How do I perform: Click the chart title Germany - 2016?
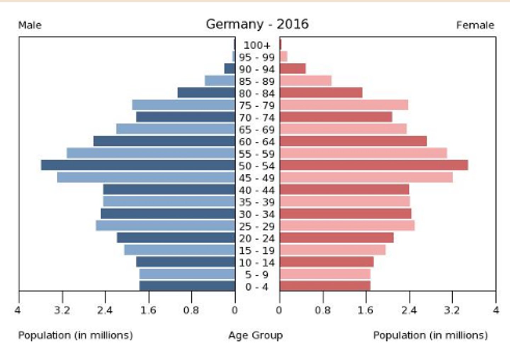pyautogui.click(x=257, y=24)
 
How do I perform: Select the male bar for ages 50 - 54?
pyautogui.click(x=138, y=165)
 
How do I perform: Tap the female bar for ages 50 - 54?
pyautogui.click(x=374, y=165)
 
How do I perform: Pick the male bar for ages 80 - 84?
pyautogui.click(x=206, y=93)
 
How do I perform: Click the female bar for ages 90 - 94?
pyautogui.click(x=293, y=69)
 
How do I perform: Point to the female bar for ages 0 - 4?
pyautogui.click(x=325, y=286)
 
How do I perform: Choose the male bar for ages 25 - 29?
pyautogui.click(x=165, y=226)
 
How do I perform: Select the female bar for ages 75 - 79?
pyautogui.click(x=344, y=105)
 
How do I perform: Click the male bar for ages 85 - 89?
pyautogui.click(x=220, y=81)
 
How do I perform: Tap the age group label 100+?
pyautogui.click(x=257, y=45)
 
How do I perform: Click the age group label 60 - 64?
pyautogui.click(x=257, y=142)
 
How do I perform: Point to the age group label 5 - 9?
pyautogui.click(x=257, y=275)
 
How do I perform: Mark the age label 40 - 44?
pyautogui.click(x=257, y=190)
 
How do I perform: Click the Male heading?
pyautogui.click(x=30, y=25)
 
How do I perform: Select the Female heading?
pyautogui.click(x=475, y=25)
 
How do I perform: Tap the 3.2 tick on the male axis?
pyautogui.click(x=62, y=310)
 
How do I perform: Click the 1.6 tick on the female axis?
pyautogui.click(x=365, y=310)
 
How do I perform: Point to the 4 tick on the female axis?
pyautogui.click(x=496, y=310)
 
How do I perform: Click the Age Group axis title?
pyautogui.click(x=255, y=335)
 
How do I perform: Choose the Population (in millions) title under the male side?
pyautogui.click(x=75, y=335)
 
